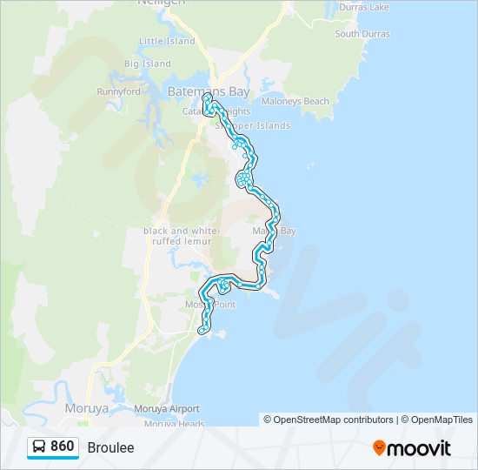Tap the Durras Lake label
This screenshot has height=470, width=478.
click(x=364, y=7)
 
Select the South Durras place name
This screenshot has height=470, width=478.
click(x=362, y=34)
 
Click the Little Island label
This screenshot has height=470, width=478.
click(x=167, y=41)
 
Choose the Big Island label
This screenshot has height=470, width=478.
click(x=147, y=64)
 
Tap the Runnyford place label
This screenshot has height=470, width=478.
click(x=118, y=91)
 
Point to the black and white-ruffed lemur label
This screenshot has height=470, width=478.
click(x=178, y=235)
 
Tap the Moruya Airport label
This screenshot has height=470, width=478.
click(x=166, y=408)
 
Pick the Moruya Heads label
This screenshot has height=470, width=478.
click(x=174, y=424)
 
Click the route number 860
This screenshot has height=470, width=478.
click(x=63, y=446)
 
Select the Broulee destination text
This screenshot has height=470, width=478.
click(x=111, y=447)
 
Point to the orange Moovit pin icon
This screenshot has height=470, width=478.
click(x=379, y=448)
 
